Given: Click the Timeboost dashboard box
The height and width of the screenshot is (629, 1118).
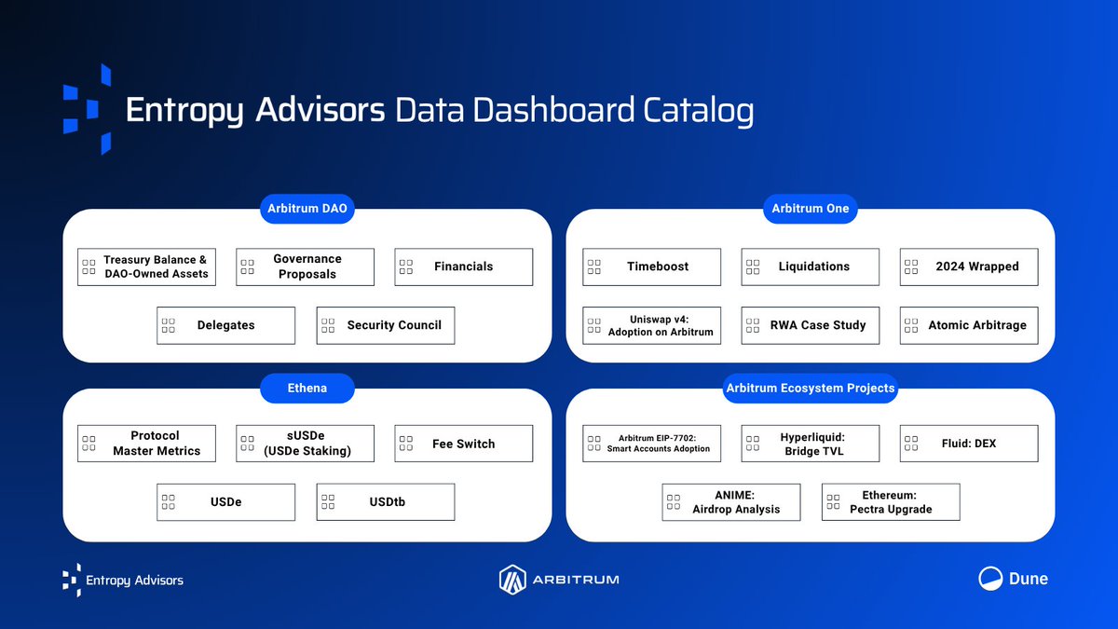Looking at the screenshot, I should pos(651,267).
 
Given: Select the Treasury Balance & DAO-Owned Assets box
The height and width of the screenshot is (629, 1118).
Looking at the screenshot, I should pos(146,267).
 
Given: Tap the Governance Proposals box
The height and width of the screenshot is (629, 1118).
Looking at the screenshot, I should pos(305,267).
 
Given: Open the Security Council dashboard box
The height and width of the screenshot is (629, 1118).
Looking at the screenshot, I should pos(385,325).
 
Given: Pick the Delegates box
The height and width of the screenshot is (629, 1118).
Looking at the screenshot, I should pos(225,325).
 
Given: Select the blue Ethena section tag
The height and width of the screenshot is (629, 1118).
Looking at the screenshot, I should pos(307,388).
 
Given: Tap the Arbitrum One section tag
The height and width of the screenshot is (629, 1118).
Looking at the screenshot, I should pos(811,208).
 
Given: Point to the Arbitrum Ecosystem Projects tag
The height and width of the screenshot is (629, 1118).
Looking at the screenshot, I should pos(811,388).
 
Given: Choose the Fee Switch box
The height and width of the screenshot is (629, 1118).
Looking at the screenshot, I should pos(463,444).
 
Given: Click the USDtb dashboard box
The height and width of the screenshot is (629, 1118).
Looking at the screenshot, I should pos(385,502).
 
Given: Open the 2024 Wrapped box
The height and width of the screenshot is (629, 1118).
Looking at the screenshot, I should pos(969,267).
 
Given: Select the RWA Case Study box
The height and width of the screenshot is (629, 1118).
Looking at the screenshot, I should pos(810,325).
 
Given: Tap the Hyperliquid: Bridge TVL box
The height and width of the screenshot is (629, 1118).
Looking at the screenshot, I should pos(810,444).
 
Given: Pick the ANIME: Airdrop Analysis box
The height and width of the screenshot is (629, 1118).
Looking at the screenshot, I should pos(730,502).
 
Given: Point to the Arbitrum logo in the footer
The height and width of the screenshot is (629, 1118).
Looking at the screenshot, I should pos(559,579).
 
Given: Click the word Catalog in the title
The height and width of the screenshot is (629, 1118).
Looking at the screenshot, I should pos(699,110).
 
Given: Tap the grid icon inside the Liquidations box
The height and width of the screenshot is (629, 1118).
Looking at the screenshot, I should pos(753,267).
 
